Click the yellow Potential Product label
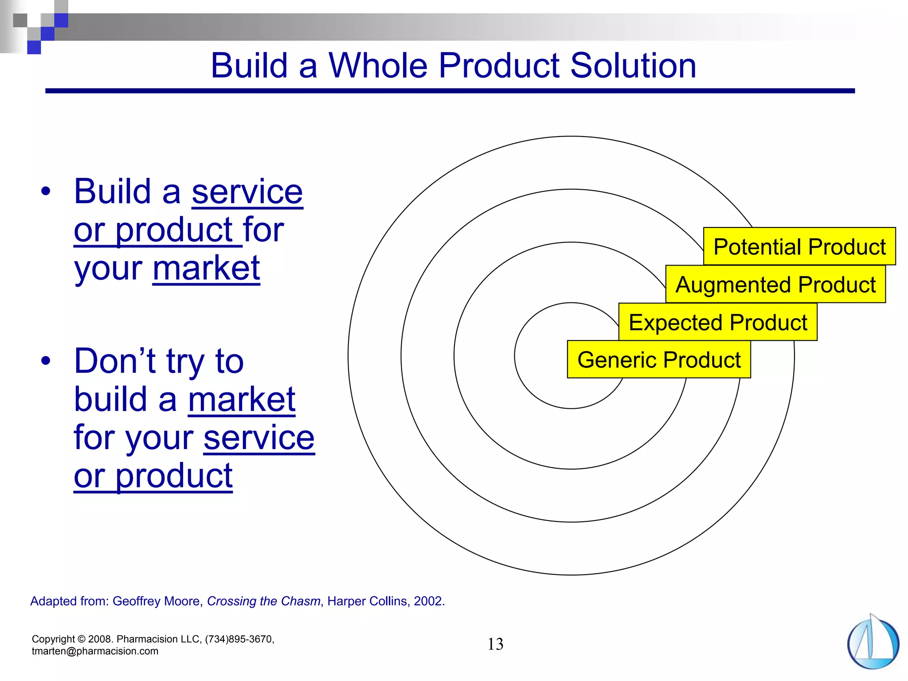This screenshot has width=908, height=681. coord(799,247)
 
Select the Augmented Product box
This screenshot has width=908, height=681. coord(775,285)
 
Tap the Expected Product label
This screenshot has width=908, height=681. coord(717,322)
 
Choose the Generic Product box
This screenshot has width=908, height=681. coord(659,360)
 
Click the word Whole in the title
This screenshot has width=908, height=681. coord(378,66)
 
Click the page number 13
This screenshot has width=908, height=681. coord(495,644)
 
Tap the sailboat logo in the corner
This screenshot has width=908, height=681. coord(873,643)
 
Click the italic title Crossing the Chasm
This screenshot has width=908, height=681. coord(263,601)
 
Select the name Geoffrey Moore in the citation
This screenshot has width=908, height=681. coord(157,601)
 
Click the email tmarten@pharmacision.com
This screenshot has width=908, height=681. coord(95,651)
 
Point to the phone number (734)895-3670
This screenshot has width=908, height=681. coord(239,639)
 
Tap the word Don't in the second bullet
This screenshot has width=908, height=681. coord(114,361)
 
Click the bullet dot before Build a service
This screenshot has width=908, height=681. coord(46,192)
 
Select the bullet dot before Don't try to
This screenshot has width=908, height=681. coord(46,361)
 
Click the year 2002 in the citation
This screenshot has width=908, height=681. coord(428,601)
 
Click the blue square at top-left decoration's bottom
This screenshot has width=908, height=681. coord(34,47)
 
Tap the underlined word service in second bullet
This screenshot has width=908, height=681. coord(259,438)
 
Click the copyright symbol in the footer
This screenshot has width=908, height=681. coord(81,639)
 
